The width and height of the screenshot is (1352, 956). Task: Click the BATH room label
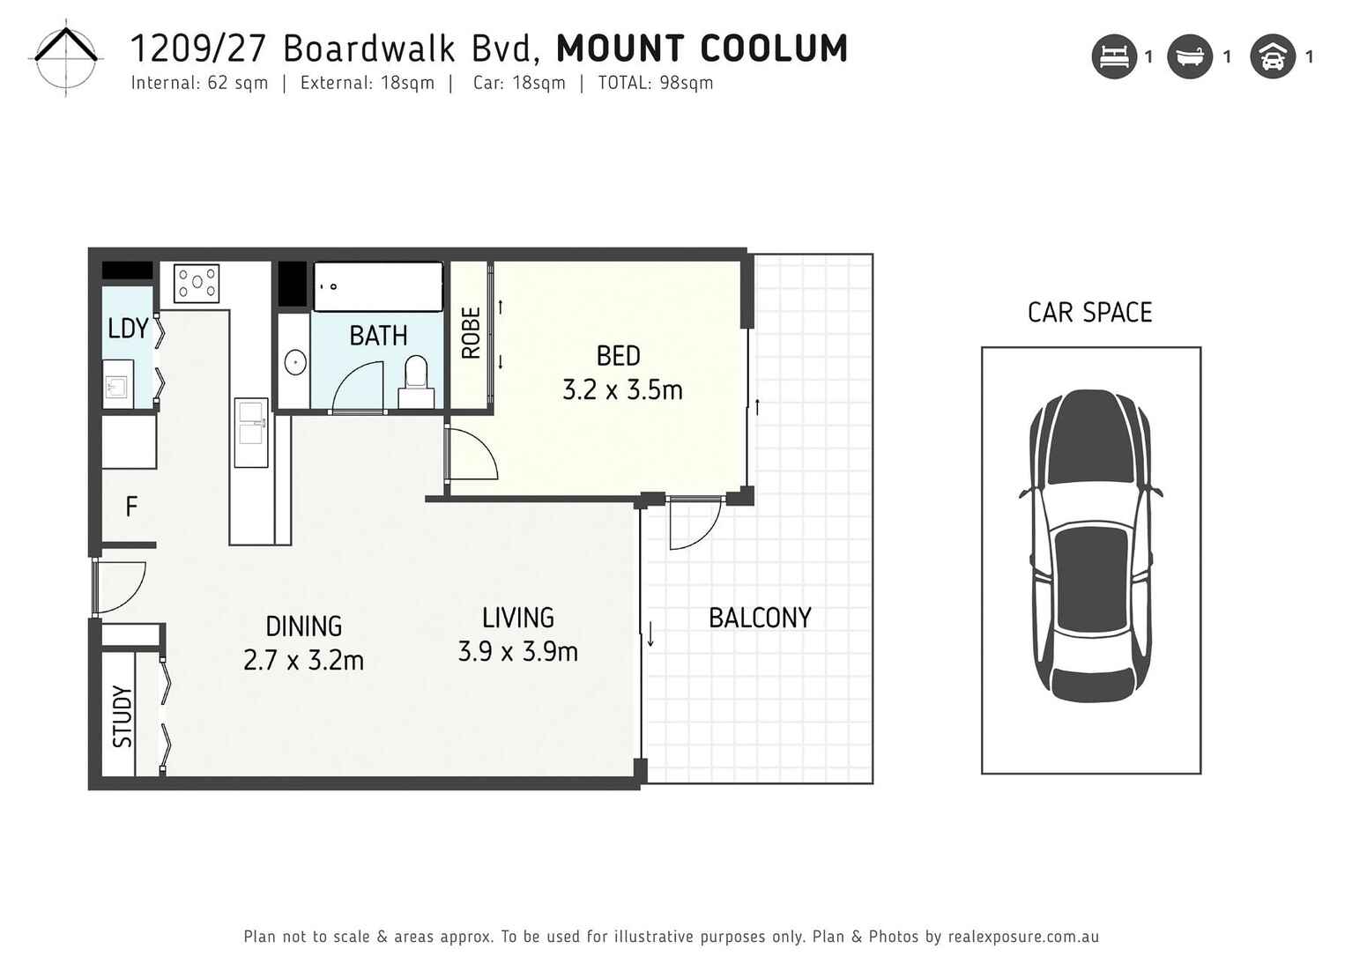(x=378, y=336)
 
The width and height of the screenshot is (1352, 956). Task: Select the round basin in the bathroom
(x=294, y=361)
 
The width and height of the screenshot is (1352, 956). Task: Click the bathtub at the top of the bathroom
(x=378, y=286)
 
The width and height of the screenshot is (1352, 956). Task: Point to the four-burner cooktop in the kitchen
(x=197, y=284)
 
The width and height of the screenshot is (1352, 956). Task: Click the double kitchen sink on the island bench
(x=250, y=433)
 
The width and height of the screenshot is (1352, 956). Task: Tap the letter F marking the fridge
(x=131, y=507)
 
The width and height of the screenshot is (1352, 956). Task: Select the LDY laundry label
(x=128, y=329)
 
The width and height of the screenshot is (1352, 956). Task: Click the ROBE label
(x=471, y=333)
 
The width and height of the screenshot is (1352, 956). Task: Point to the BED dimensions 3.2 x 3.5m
(x=622, y=389)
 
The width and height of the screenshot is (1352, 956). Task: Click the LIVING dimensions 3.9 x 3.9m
(x=517, y=652)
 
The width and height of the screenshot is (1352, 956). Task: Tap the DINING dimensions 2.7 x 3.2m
(x=303, y=660)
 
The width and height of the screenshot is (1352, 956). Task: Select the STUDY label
(x=122, y=716)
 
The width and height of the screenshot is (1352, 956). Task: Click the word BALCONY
(x=760, y=618)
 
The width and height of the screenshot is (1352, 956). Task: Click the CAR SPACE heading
(x=1089, y=313)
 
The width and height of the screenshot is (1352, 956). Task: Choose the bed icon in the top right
(x=1114, y=57)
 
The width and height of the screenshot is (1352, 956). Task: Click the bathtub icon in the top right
(x=1190, y=57)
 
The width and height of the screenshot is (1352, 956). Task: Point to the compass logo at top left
(x=66, y=57)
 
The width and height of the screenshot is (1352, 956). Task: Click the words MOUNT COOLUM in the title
(x=702, y=48)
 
